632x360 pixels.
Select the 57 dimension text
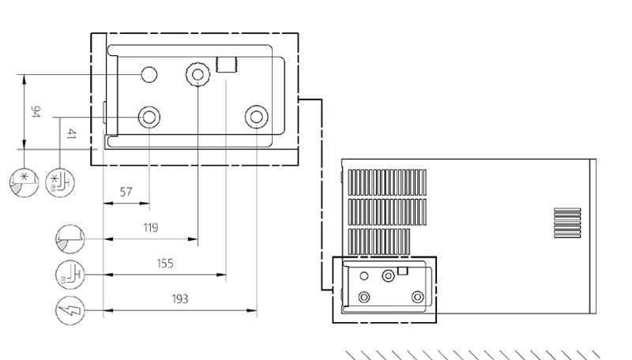tap(126, 192)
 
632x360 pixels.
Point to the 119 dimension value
tap(150, 227)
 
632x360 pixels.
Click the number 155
tap(164, 263)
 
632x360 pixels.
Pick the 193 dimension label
tap(180, 298)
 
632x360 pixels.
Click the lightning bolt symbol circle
tap(69, 310)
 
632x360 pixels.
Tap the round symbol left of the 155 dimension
tap(69, 274)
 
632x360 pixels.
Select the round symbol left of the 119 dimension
tap(69, 238)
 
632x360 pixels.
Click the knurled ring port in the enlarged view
tap(196, 75)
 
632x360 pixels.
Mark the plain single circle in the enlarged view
tap(149, 74)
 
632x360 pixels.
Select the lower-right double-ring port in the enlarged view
tap(255, 118)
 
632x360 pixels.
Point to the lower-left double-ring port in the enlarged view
tap(149, 118)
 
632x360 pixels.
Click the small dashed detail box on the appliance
tap(384, 289)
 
